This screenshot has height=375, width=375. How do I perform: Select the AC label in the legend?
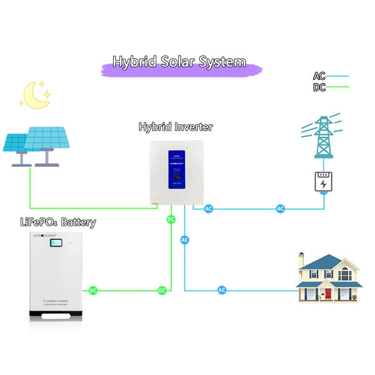(319, 76)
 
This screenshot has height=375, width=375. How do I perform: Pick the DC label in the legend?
(319, 87)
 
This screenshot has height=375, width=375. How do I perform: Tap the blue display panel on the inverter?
(177, 169)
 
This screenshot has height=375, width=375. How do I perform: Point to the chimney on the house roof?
(301, 259)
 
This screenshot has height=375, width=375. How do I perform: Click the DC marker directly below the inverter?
(170, 220)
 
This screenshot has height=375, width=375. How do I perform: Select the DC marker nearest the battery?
(92, 290)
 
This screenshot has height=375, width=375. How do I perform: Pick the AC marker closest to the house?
(222, 290)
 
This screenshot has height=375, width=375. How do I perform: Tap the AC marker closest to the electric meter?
(281, 208)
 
